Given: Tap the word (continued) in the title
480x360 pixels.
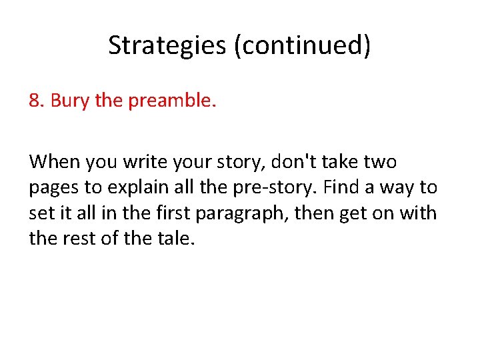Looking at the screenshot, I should pos(303,45).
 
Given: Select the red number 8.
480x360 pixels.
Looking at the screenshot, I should pos(36,101).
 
